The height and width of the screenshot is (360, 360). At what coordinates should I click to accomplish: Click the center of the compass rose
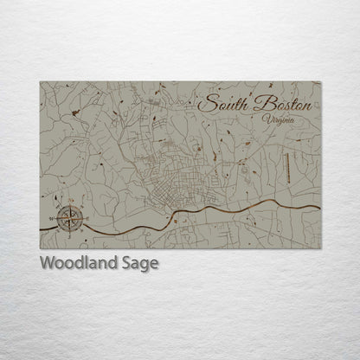click(70, 218)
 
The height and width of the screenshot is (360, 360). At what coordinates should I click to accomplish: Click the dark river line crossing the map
click(216, 209)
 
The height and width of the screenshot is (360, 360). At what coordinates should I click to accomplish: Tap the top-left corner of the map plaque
click(40, 82)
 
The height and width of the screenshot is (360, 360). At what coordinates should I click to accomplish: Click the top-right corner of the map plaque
click(320, 82)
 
